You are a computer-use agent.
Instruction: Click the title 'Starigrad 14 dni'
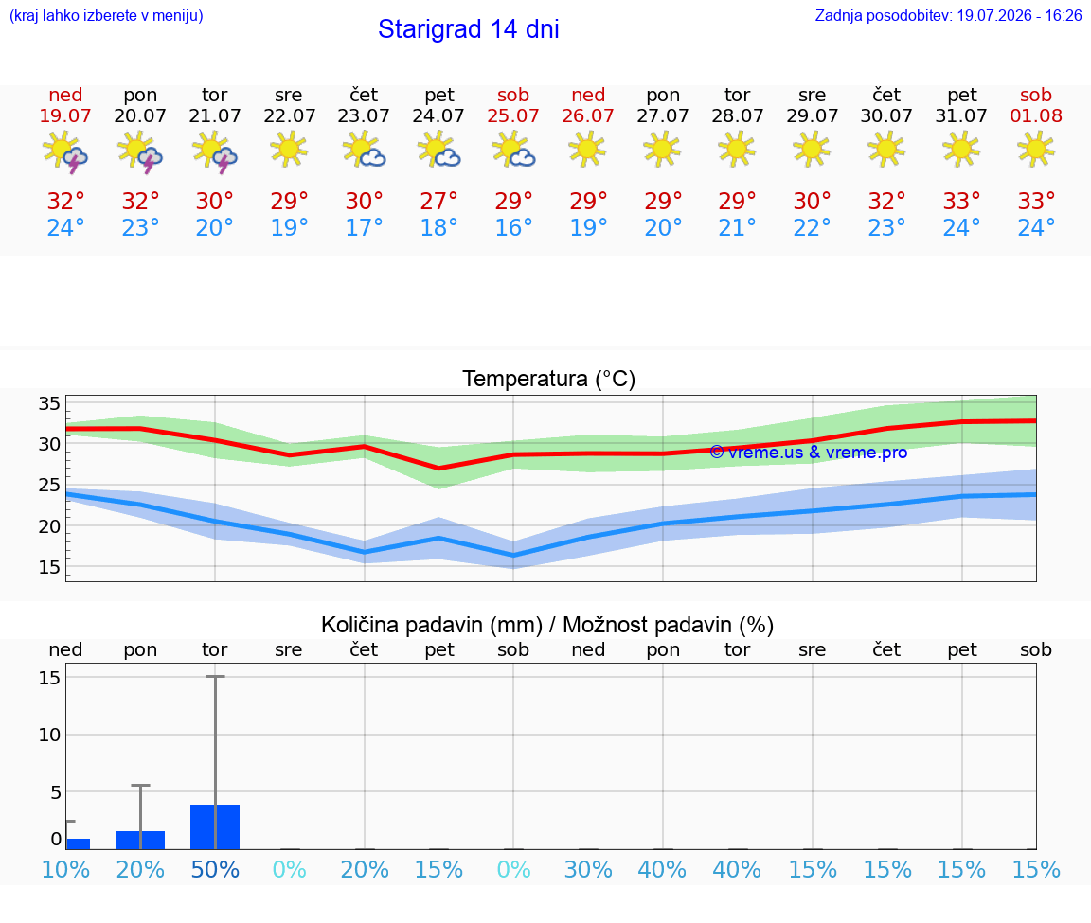pyautogui.click(x=468, y=29)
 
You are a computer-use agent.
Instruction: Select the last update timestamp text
pyautogui.click(x=948, y=15)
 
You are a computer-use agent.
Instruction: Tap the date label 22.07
pyautogui.click(x=290, y=115)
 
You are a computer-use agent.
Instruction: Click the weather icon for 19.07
pyautogui.click(x=64, y=151)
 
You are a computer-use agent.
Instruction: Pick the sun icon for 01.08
pyautogui.click(x=1035, y=149)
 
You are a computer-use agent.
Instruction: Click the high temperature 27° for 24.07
pyautogui.click(x=438, y=201)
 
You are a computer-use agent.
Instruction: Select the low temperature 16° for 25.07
pyautogui.click(x=513, y=227)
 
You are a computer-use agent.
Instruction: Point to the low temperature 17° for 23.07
pyautogui.click(x=364, y=227)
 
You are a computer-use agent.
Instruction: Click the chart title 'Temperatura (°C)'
pyautogui.click(x=549, y=379)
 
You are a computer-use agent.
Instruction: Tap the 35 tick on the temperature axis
pyautogui.click(x=49, y=403)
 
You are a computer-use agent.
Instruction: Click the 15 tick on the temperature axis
pyautogui.click(x=49, y=567)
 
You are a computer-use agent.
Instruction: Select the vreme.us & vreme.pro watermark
pyautogui.click(x=809, y=453)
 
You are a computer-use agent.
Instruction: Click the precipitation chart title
pyautogui.click(x=547, y=625)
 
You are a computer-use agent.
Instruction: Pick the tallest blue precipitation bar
pyautogui.click(x=215, y=827)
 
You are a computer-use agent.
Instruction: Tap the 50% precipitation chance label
pyautogui.click(x=215, y=869)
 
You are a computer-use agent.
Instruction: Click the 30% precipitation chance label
pyautogui.click(x=588, y=869)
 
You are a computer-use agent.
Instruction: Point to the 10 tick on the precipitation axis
pyautogui.click(x=49, y=735)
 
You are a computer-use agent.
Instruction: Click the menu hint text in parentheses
pyautogui.click(x=106, y=15)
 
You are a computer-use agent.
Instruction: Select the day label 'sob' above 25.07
pyautogui.click(x=513, y=95)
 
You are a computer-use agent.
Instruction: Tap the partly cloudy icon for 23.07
pyautogui.click(x=364, y=151)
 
